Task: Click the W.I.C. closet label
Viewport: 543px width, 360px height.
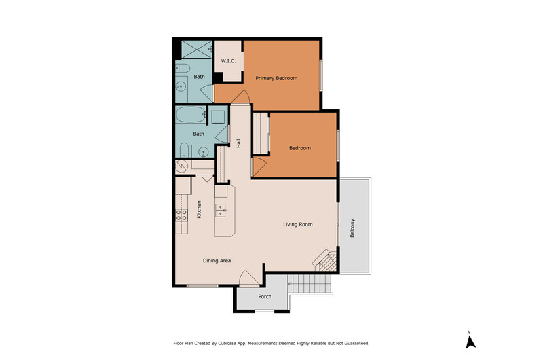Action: pos(229,61)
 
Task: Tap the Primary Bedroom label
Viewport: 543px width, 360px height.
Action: pos(276,78)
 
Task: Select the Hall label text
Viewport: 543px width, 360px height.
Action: pos(238,143)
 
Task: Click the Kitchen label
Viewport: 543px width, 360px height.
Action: pos(199,210)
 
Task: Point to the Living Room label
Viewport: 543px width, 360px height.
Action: pos(298,225)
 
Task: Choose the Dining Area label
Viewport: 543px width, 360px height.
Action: pos(217,261)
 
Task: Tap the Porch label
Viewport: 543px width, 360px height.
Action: pos(265,297)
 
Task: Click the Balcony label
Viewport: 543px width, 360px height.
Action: pos(352,228)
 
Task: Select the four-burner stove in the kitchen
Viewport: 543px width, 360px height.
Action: pos(181,215)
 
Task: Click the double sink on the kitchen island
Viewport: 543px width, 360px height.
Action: pos(221,211)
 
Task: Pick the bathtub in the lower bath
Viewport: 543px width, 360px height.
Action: pos(191,115)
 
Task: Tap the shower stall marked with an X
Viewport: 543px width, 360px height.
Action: pos(197,50)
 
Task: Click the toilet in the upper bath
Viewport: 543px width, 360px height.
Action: pos(183,68)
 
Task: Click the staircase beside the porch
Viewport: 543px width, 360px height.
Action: pos(310,283)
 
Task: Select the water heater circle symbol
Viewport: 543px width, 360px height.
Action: pos(181,166)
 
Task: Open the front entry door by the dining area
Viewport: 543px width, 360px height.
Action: pos(249,278)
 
